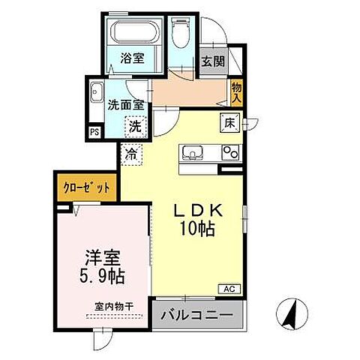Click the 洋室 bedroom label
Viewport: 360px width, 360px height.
tap(103, 258)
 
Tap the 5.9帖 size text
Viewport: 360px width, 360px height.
tap(103, 277)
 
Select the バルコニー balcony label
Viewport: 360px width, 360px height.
tap(199, 315)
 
